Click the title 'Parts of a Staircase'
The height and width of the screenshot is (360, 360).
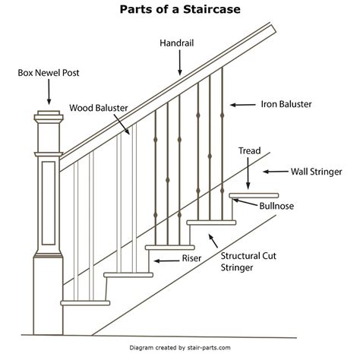tap(180, 11)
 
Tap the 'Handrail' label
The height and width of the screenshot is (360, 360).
tap(180, 44)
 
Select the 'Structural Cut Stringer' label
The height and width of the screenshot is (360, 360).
tap(246, 261)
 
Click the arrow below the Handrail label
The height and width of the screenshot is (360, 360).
tap(180, 64)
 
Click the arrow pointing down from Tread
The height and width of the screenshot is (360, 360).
tap(250, 175)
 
